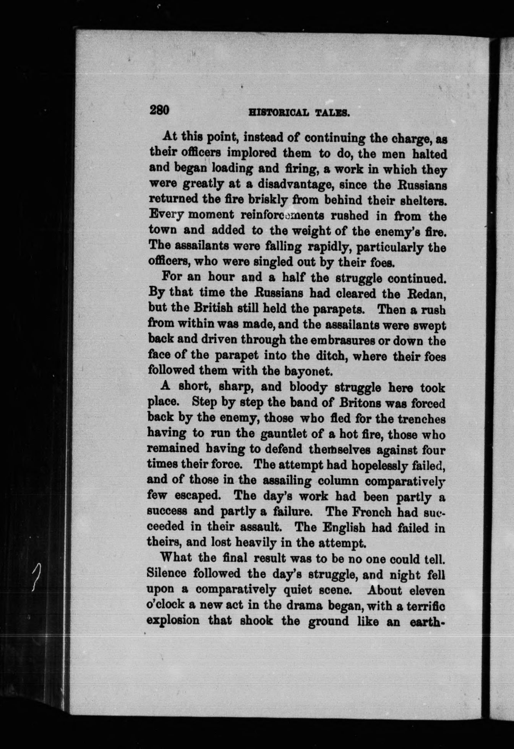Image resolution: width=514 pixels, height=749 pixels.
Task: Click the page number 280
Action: coord(159,111)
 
